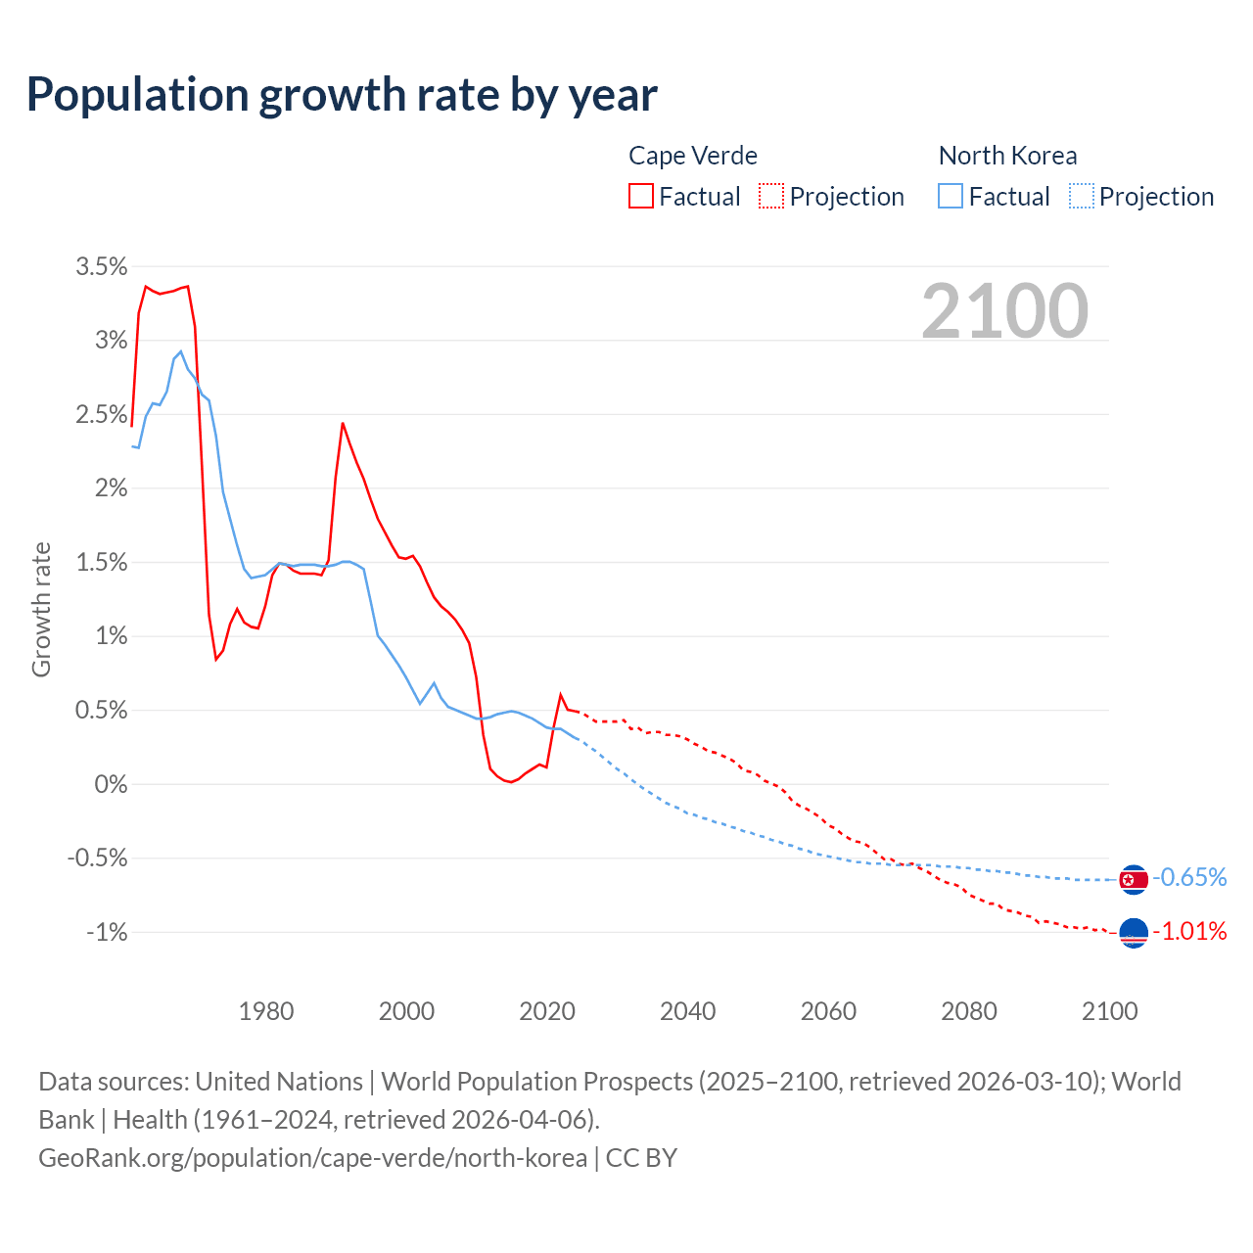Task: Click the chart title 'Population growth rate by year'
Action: click(x=342, y=94)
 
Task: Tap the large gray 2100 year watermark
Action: click(x=1004, y=311)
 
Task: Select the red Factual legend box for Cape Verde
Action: click(x=641, y=197)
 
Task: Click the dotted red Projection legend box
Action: click(x=771, y=197)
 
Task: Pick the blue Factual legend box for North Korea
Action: click(x=951, y=197)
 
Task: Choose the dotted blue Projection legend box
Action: click(x=1081, y=197)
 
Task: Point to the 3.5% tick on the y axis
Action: click(x=102, y=266)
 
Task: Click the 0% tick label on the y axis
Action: click(x=111, y=784)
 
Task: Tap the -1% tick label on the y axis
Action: click(x=107, y=932)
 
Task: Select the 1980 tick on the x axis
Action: click(x=266, y=1011)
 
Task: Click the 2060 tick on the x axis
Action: click(x=828, y=1011)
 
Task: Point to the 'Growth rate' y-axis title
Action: click(x=41, y=609)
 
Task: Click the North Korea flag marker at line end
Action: click(x=1134, y=880)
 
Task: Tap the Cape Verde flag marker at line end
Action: click(x=1134, y=934)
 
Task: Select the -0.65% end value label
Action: click(x=1189, y=877)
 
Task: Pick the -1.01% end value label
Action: click(x=1189, y=931)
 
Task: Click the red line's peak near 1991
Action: click(x=343, y=423)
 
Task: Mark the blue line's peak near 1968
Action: click(x=180, y=351)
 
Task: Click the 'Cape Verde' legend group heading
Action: click(x=692, y=156)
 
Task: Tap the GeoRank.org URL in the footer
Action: click(x=312, y=1158)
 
